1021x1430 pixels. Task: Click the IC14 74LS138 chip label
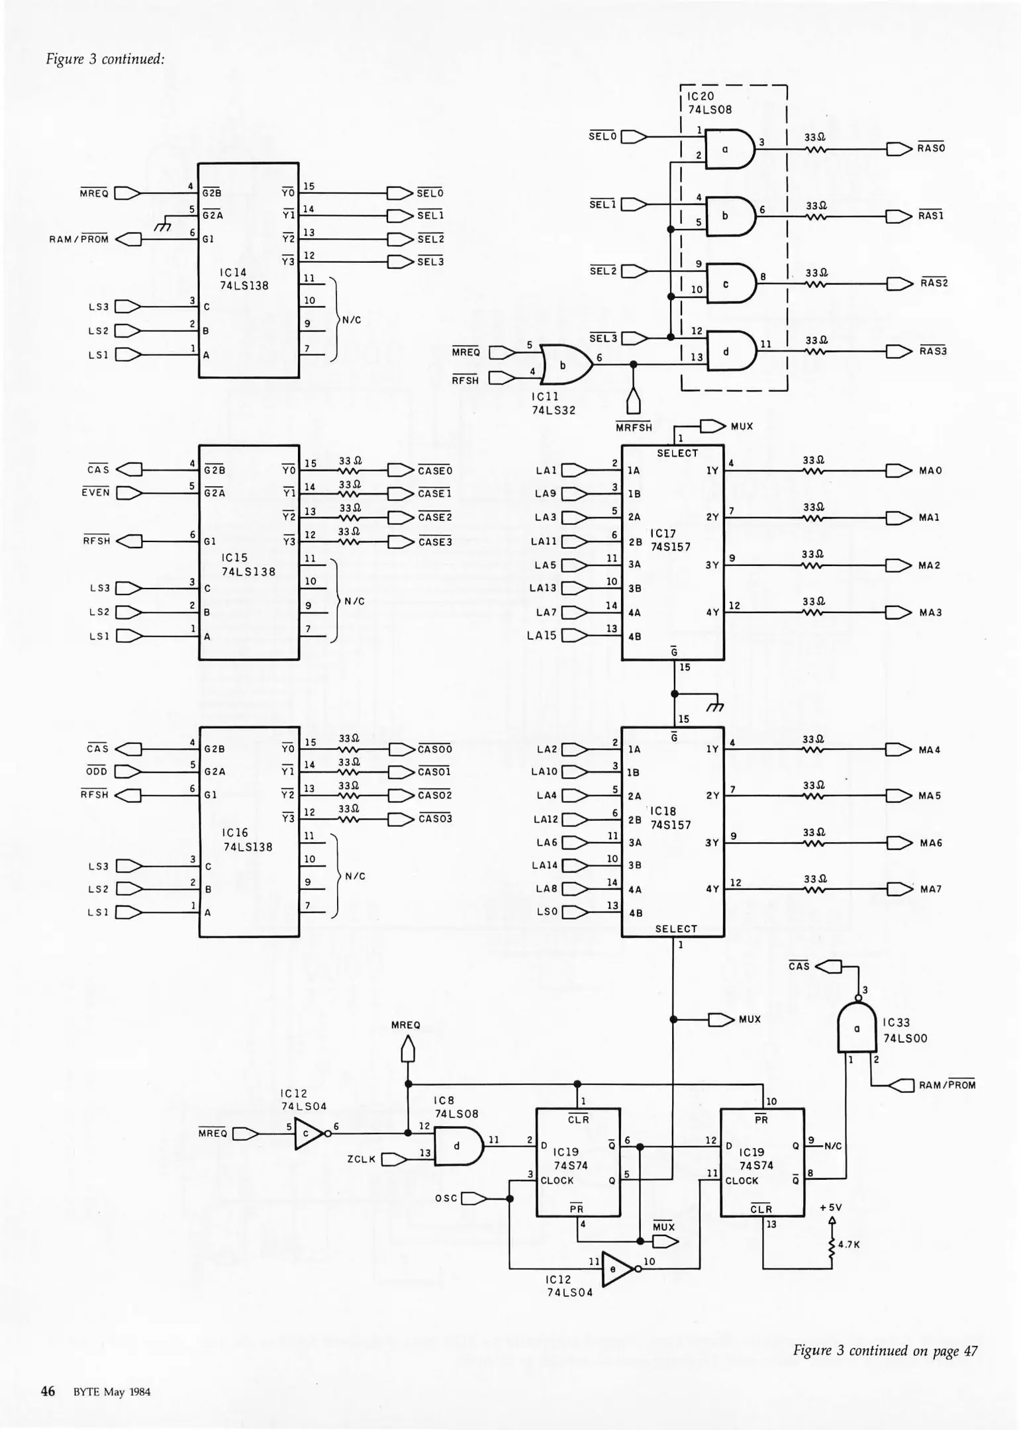click(244, 279)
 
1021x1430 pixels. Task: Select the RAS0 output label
click(931, 148)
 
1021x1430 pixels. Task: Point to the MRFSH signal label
click(634, 428)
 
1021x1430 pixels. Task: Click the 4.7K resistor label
click(849, 1244)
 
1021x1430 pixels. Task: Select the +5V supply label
click(831, 1207)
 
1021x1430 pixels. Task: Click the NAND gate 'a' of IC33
click(857, 1029)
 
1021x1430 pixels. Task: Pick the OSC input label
click(446, 1198)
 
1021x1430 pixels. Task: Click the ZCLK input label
click(362, 1159)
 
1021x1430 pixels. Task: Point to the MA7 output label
click(930, 889)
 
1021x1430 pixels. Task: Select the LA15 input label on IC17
click(542, 636)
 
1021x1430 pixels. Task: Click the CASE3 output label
click(435, 542)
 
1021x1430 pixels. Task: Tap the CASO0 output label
click(435, 749)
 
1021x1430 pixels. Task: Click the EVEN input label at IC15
click(95, 493)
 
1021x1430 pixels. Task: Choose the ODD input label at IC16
click(97, 772)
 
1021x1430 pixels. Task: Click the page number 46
click(48, 1391)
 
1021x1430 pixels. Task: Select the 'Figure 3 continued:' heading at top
click(105, 59)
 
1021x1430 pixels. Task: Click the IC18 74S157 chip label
click(669, 818)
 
